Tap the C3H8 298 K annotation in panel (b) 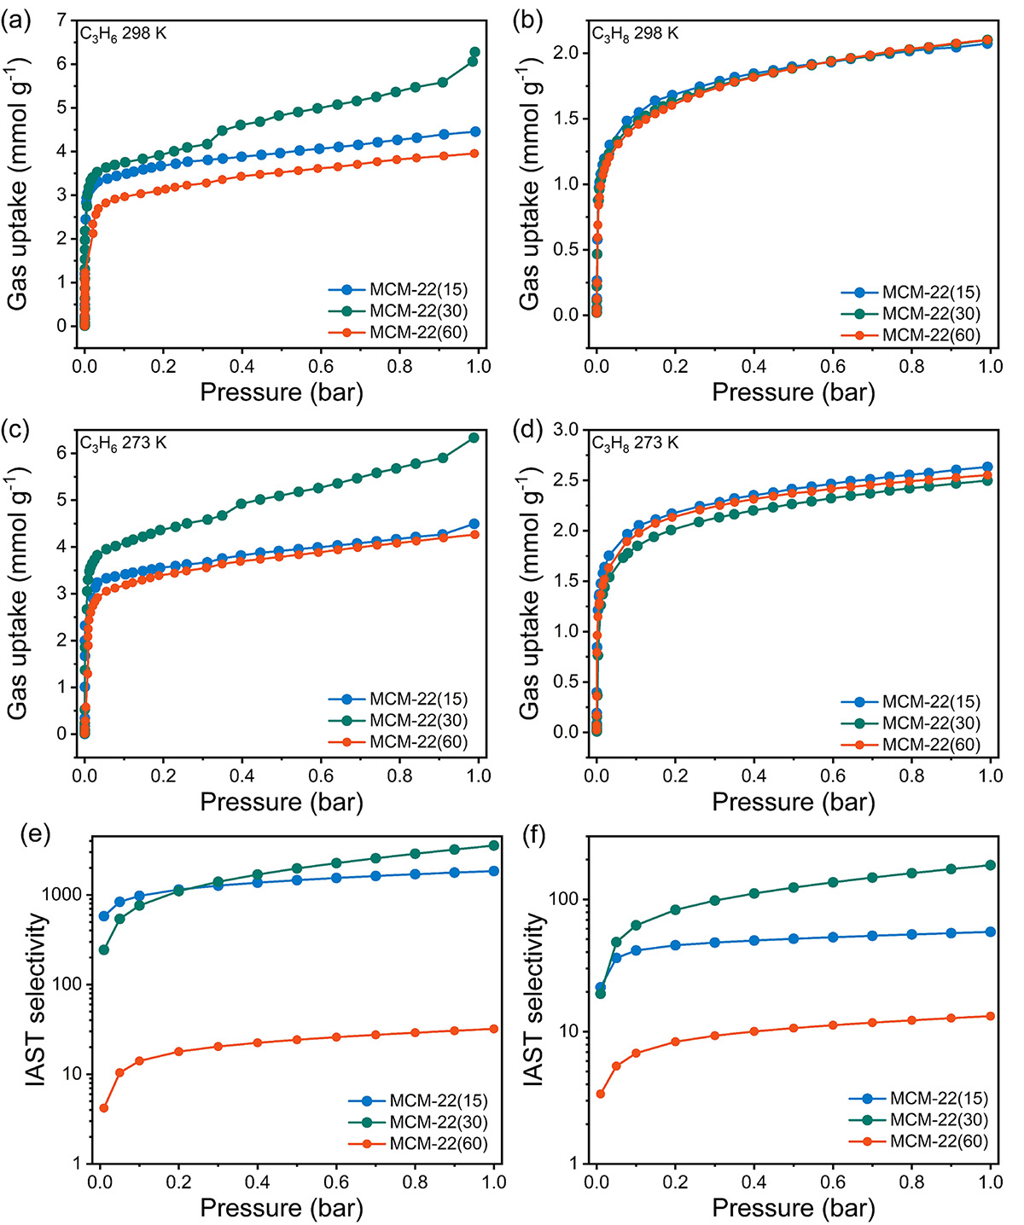pyautogui.click(x=635, y=33)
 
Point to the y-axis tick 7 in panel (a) pyautogui.click(x=61, y=20)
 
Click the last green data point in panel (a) pyautogui.click(x=475, y=53)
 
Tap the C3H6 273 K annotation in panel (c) pyautogui.click(x=124, y=443)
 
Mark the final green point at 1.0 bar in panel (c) pyautogui.click(x=474, y=438)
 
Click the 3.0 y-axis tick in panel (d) pyautogui.click(x=566, y=430)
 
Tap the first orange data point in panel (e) pyautogui.click(x=104, y=1108)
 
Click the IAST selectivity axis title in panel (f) pyautogui.click(x=534, y=999)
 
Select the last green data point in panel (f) pyautogui.click(x=991, y=865)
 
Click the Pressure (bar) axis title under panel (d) pyautogui.click(x=794, y=802)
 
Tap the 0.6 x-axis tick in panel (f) pyautogui.click(x=833, y=1182)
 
